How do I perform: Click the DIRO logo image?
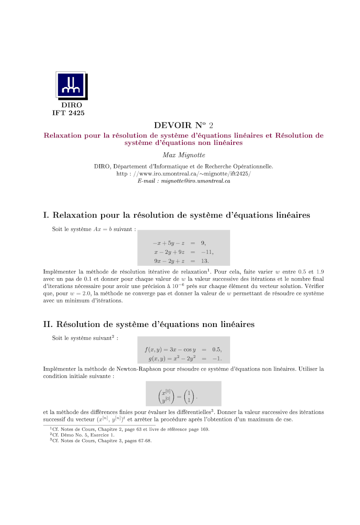tap(71, 85)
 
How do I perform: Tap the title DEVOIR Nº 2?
tap(183, 125)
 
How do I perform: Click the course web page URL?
tap(183, 174)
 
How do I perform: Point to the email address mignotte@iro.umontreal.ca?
tap(183, 181)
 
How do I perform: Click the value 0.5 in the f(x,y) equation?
tap(216, 349)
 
